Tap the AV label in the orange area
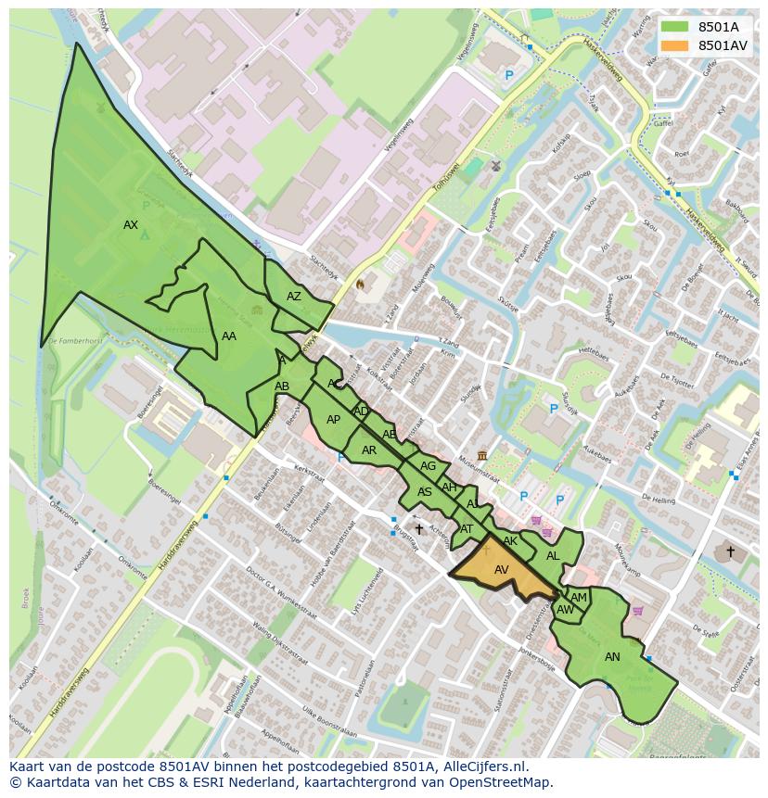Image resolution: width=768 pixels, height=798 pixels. (502, 569)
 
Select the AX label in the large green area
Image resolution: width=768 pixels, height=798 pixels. (131, 225)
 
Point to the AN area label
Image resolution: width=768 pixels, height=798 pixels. (612, 657)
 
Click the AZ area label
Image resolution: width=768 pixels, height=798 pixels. (294, 297)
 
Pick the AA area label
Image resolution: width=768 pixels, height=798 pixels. (229, 336)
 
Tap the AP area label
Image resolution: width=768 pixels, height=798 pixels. (333, 420)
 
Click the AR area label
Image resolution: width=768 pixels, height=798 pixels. (369, 450)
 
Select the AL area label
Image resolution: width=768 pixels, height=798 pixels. (553, 556)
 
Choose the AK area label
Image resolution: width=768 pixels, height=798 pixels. (510, 541)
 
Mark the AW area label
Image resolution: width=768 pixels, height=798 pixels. (565, 610)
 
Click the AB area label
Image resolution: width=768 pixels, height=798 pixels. (282, 386)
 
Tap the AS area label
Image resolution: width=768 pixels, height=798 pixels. (425, 492)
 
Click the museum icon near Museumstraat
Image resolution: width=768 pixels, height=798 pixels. (482, 455)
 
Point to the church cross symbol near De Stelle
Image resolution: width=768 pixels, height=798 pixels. (730, 551)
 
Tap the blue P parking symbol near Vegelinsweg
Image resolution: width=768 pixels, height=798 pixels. (508, 75)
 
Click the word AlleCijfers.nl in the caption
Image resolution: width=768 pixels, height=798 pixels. (482, 766)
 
